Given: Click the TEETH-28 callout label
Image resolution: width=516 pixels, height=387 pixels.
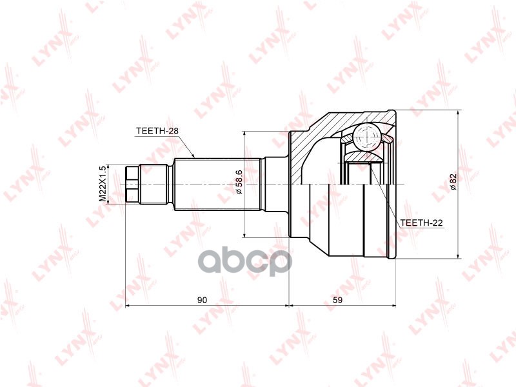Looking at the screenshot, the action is coord(157,131).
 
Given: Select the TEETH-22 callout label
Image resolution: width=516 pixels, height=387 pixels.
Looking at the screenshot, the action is coord(422,223).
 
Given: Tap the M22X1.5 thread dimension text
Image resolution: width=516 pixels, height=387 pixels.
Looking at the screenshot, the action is coord(103,184).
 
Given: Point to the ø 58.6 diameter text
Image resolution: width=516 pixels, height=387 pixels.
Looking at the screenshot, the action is coord(239,182).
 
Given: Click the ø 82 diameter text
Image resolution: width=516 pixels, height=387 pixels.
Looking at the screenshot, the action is coord(453,181).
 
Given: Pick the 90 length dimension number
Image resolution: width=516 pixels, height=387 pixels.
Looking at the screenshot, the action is coord(202,300).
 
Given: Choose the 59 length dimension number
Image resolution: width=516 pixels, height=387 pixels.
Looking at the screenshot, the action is coord(337,300).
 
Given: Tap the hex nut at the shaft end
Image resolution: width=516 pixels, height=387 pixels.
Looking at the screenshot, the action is coord(132,184).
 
